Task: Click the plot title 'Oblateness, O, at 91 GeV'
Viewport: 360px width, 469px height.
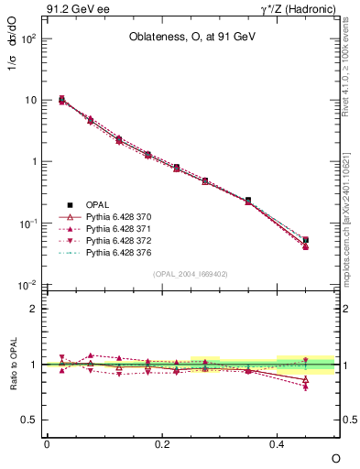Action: coord(191,38)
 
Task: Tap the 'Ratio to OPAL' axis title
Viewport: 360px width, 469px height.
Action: coord(12,364)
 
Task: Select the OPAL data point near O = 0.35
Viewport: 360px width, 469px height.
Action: coord(248,200)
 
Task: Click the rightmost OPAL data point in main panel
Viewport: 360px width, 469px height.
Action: coord(306,240)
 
